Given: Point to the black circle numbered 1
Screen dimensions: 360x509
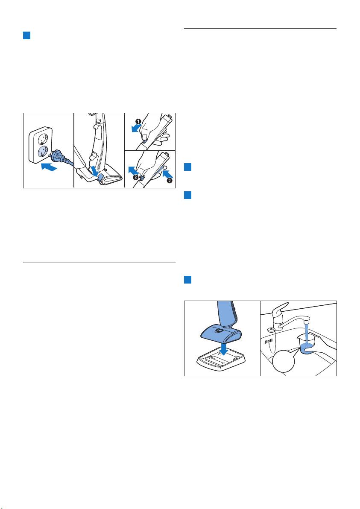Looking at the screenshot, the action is pyautogui.click(x=138, y=121).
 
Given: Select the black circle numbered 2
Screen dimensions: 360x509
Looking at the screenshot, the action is pyautogui.click(x=169, y=180).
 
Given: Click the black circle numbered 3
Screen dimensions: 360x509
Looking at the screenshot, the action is pyautogui.click(x=135, y=177).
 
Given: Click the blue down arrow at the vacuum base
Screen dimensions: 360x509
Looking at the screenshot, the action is pyautogui.click(x=95, y=170).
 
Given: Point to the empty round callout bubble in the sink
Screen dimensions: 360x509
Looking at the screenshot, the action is pyautogui.click(x=284, y=361).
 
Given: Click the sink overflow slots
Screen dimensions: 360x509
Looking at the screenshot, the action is pyautogui.click(x=268, y=342).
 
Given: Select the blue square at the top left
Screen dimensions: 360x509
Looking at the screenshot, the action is pyautogui.click(x=26, y=35).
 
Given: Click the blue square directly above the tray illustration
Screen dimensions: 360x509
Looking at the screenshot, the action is pyautogui.click(x=187, y=280).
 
